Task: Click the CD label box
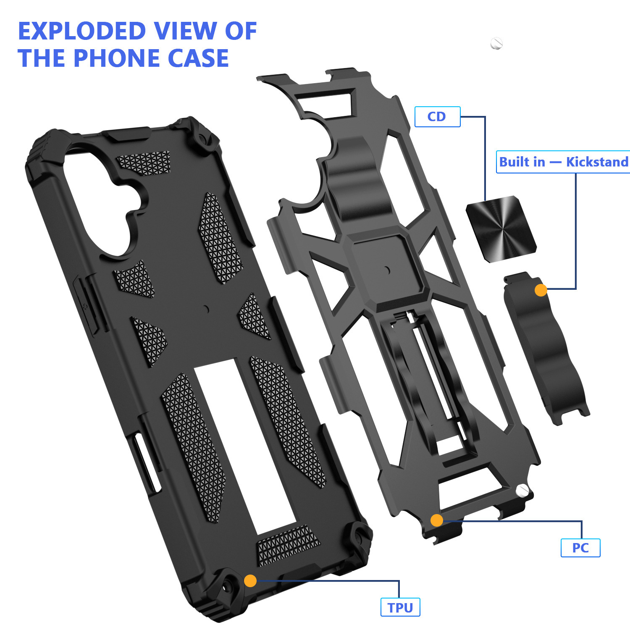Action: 437,117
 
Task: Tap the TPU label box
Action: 400,607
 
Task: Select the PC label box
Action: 580,548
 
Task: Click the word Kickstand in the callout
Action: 597,162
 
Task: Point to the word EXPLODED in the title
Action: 82,31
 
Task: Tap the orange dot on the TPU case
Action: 250,580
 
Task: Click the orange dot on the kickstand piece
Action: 541,290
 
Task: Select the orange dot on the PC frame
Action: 437,520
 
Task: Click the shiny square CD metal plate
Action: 501,229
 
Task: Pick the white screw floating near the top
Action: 496,43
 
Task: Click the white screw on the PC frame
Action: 522,490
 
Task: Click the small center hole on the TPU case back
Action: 206,309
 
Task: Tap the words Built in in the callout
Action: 522,162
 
